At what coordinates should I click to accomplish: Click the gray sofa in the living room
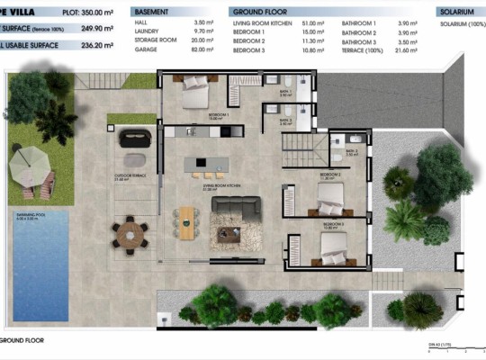(x=236, y=205)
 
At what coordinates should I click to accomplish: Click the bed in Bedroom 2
(x=329, y=193)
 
